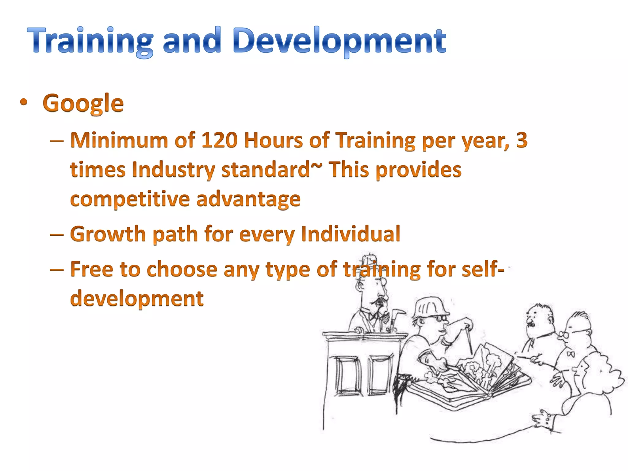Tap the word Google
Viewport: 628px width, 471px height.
tap(83, 104)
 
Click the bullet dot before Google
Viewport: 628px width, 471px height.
tap(24, 102)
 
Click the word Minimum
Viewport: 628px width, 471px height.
tap(119, 140)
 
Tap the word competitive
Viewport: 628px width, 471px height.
tap(130, 199)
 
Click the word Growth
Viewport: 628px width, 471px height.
tap(108, 234)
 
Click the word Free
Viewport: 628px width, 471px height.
tap(91, 269)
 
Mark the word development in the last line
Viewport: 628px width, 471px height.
tap(137, 298)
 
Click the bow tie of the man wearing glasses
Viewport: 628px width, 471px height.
tap(570, 354)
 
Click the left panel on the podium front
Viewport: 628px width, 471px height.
tap(348, 376)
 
